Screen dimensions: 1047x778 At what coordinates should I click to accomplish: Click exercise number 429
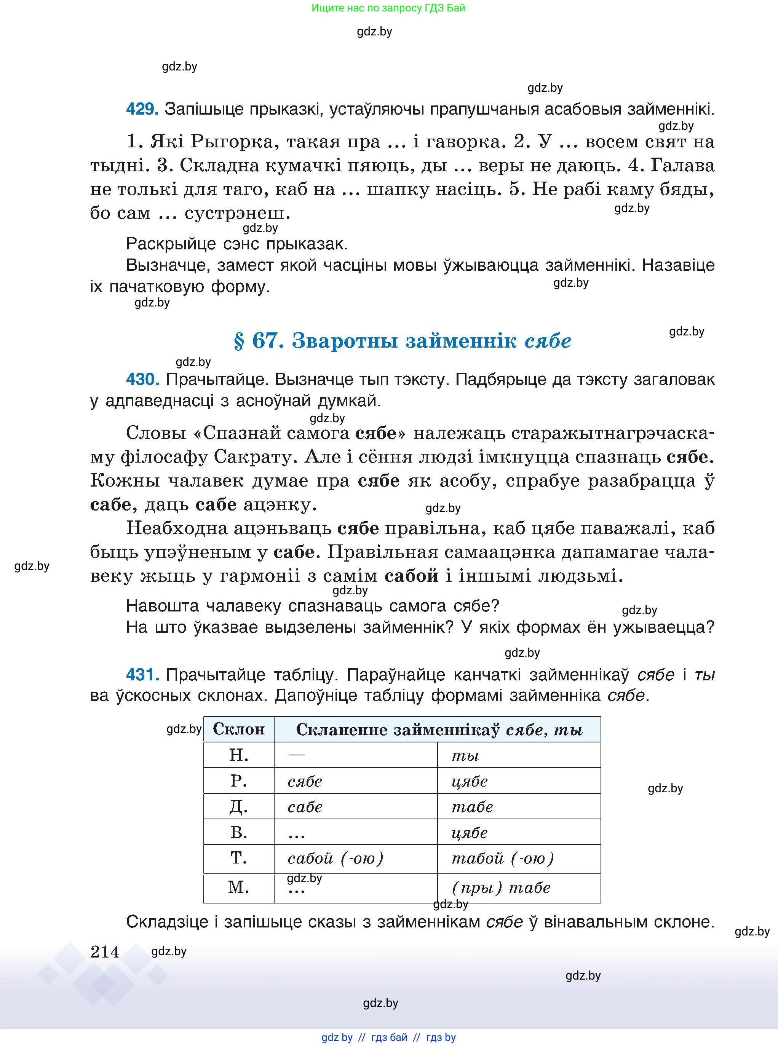[x=142, y=109]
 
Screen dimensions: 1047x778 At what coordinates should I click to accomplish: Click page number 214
[x=105, y=952]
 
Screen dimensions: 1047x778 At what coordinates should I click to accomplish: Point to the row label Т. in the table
[x=239, y=858]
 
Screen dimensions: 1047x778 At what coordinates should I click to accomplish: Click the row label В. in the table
[x=239, y=832]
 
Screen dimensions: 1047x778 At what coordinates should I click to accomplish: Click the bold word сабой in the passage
[x=411, y=576]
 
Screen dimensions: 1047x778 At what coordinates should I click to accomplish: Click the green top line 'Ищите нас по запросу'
[x=388, y=8]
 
